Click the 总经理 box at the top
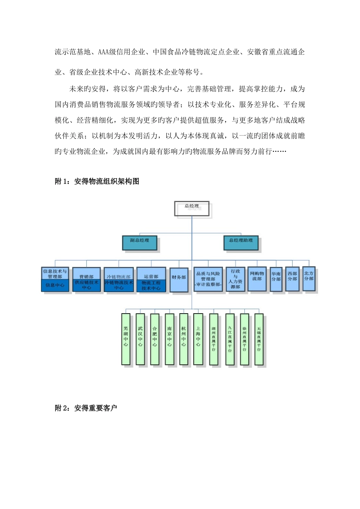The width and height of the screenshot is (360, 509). [x=192, y=208]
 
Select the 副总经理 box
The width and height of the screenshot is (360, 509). [x=140, y=242]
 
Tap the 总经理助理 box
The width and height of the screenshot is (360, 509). [x=241, y=242]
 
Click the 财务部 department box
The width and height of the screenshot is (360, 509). [x=179, y=279]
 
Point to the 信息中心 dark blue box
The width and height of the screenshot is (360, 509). [x=55, y=285]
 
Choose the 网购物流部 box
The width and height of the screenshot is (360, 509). [x=257, y=279]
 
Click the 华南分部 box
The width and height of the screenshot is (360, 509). [x=276, y=279]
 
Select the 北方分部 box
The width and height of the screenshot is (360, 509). [x=309, y=278]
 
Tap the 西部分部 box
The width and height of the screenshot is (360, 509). [x=292, y=279]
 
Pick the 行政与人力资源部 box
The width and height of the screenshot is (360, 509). [x=235, y=279]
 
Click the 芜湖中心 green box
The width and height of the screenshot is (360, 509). [x=126, y=339]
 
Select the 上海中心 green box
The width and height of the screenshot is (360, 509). [x=198, y=339]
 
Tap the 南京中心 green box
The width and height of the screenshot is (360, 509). [x=169, y=339]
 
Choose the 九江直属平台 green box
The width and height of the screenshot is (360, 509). [x=230, y=339]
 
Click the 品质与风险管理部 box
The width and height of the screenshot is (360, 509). [x=208, y=279]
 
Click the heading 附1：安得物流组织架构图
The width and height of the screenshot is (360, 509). [x=97, y=181]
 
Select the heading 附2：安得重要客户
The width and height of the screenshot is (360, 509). [x=86, y=408]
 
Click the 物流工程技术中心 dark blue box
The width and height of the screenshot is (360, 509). [x=151, y=286]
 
